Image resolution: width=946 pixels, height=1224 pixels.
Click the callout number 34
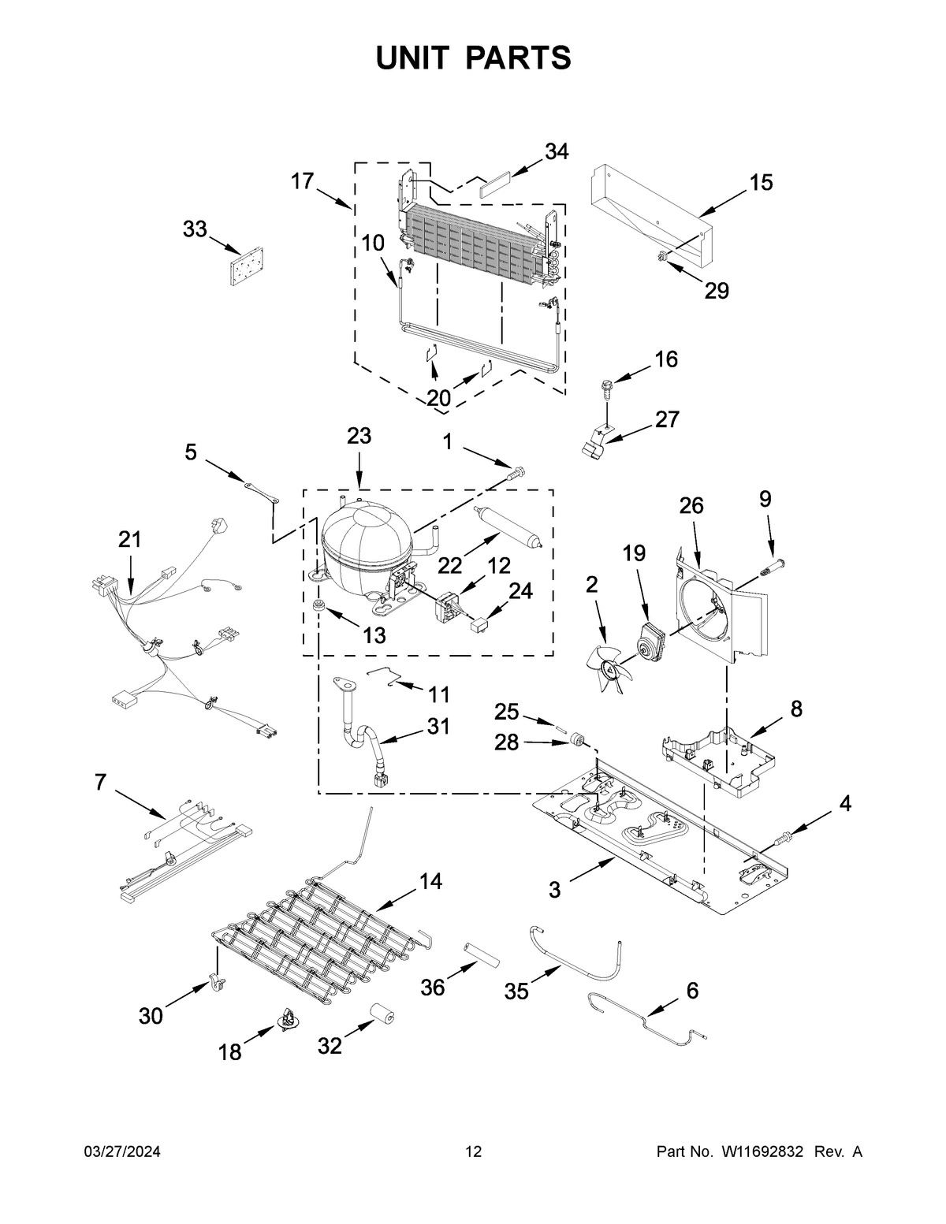click(x=556, y=151)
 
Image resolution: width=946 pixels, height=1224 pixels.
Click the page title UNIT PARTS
click(x=473, y=58)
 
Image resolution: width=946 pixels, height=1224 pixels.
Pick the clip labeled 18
click(x=288, y=1021)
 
